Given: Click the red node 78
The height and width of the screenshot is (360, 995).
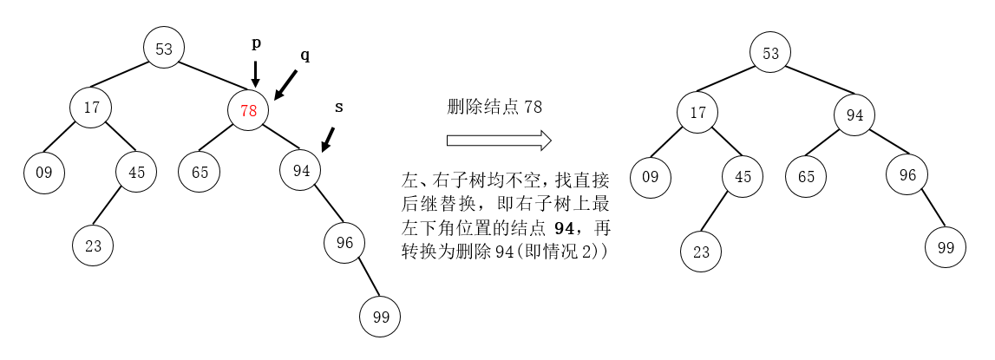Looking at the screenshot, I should pos(249,111).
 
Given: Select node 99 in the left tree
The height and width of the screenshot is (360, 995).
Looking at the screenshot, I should pos(381,317).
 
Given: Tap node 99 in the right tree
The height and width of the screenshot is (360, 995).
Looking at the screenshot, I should pos(946,247).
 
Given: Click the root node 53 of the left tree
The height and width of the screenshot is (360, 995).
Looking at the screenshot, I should pos(164,49).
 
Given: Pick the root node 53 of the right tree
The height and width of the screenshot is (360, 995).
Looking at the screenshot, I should pos(770,53).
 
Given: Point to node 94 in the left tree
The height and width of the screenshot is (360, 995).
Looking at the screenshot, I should pos(301,171).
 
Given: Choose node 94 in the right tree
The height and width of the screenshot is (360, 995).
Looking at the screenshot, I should pos(855,115).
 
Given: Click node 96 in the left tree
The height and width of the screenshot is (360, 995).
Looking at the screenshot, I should pos(345,243).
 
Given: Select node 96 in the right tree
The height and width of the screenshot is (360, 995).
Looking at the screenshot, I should pos(907,174).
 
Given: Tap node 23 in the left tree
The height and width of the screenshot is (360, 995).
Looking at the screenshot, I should pos(93,245).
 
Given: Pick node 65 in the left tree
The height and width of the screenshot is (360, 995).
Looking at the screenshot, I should pos(200,172).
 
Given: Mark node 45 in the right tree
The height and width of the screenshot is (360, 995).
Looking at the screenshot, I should pos(743,176).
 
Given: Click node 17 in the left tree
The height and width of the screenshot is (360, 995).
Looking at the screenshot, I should pos(93,109).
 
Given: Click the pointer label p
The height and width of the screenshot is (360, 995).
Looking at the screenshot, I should pos(256,42).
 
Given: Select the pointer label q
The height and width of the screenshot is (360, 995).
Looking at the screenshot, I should pos(304,55).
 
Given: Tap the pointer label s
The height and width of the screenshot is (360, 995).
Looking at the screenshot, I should pos(338,107).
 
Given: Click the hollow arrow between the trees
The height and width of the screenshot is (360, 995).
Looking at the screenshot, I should pos(499,141).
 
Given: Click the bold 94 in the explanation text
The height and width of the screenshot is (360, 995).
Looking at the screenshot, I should pos(564,228).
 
